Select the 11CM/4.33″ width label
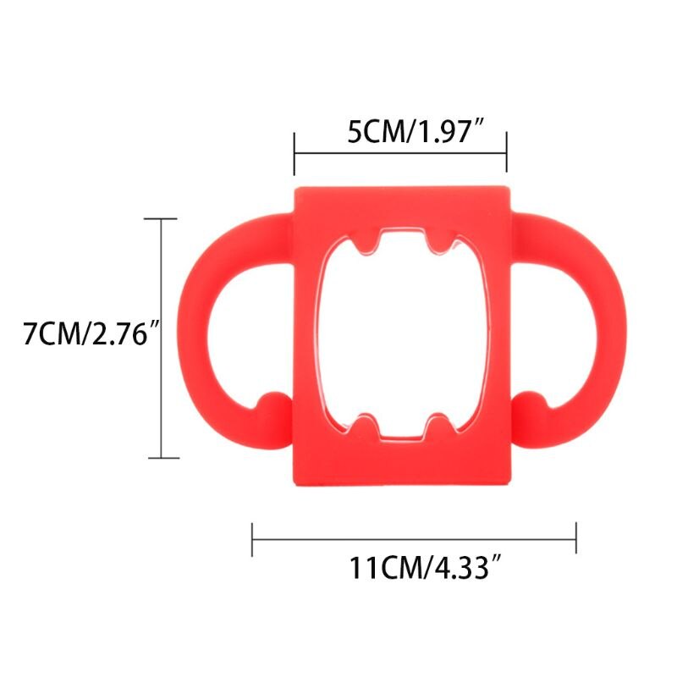(421, 566)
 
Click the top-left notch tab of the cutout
(366, 244)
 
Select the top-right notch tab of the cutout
(438, 244)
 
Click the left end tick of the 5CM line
(294, 153)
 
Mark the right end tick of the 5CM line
(506, 153)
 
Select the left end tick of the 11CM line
(253, 538)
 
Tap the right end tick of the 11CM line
(576, 538)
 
